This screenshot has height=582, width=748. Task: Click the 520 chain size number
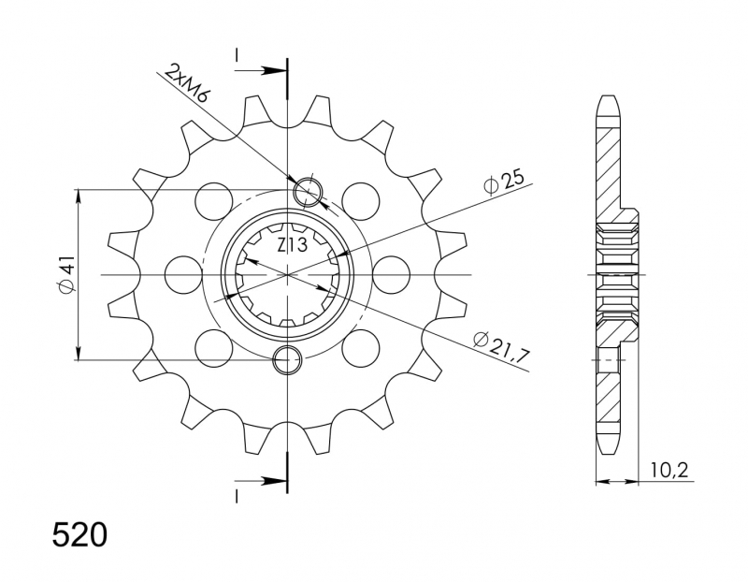79,535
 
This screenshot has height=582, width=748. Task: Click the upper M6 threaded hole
309,193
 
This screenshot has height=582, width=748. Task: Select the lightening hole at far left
183,274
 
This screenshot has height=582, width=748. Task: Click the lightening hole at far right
391,274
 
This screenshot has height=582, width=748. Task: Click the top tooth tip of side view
609,97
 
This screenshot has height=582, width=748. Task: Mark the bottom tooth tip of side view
609,454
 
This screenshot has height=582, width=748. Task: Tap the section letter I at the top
237,54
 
